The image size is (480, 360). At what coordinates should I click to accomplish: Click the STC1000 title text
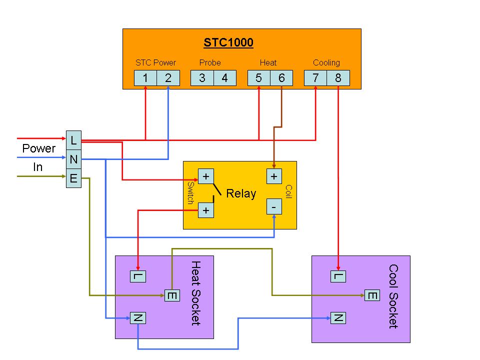click(228, 43)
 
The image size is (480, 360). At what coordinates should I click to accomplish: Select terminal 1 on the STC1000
click(145, 78)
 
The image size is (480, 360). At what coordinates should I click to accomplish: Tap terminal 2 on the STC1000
click(168, 78)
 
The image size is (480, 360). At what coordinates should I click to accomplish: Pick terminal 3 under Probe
click(202, 78)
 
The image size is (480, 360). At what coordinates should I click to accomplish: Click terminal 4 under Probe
click(225, 78)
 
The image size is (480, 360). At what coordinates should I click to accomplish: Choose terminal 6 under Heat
click(282, 78)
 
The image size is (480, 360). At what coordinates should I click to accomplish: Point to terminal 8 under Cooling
click(338, 78)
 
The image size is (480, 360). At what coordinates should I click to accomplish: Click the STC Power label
click(156, 63)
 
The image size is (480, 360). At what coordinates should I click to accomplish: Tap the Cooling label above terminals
click(326, 63)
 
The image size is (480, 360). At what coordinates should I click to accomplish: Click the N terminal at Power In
click(73, 160)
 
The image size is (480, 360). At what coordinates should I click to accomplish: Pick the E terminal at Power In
click(73, 178)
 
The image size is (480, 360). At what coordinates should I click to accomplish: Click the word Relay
click(241, 194)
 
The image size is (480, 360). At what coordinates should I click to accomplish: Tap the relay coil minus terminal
click(274, 206)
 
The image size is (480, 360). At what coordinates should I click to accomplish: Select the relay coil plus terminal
click(274, 176)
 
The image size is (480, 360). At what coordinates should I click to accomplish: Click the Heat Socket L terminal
click(138, 276)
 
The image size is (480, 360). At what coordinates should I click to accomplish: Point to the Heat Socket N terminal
click(138, 317)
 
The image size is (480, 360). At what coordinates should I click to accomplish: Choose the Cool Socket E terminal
click(372, 296)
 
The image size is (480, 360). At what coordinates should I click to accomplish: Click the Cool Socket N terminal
click(338, 317)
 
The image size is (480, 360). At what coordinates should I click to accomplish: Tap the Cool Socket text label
click(393, 296)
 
